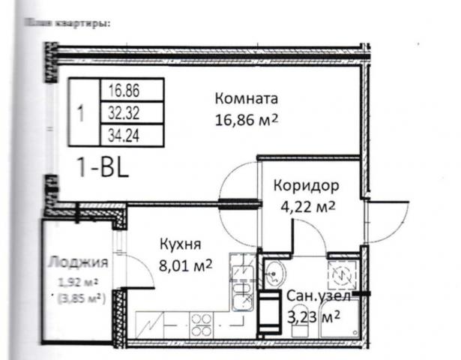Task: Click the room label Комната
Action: point(247,99)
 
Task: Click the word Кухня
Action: point(180,244)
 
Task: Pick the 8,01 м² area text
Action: point(184,265)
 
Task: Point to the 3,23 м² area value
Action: point(314,317)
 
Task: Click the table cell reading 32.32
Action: point(124,113)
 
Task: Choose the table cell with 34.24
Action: point(124,135)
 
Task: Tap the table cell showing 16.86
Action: point(124,92)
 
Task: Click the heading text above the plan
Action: point(67,23)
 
